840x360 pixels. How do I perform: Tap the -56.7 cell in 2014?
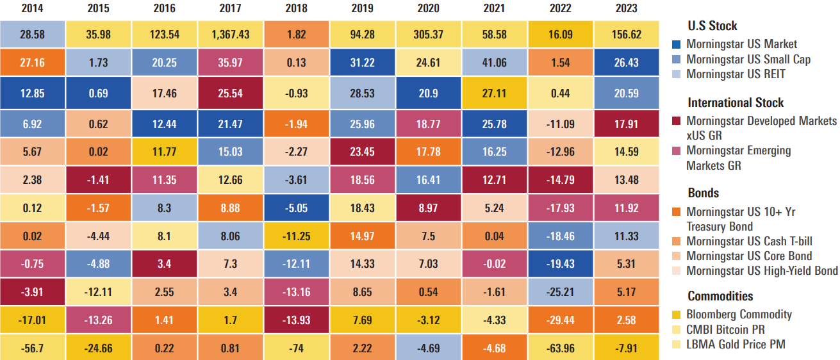click(33, 348)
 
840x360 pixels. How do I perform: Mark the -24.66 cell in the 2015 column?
click(99, 348)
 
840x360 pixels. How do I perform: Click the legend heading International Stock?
click(736, 102)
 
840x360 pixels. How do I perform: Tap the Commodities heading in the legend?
click(720, 296)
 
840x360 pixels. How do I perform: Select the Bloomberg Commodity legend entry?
click(739, 315)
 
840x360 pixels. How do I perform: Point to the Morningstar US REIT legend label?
click(735, 74)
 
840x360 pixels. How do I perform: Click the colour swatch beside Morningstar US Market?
click(677, 45)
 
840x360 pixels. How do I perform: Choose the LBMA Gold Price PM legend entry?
click(736, 345)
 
